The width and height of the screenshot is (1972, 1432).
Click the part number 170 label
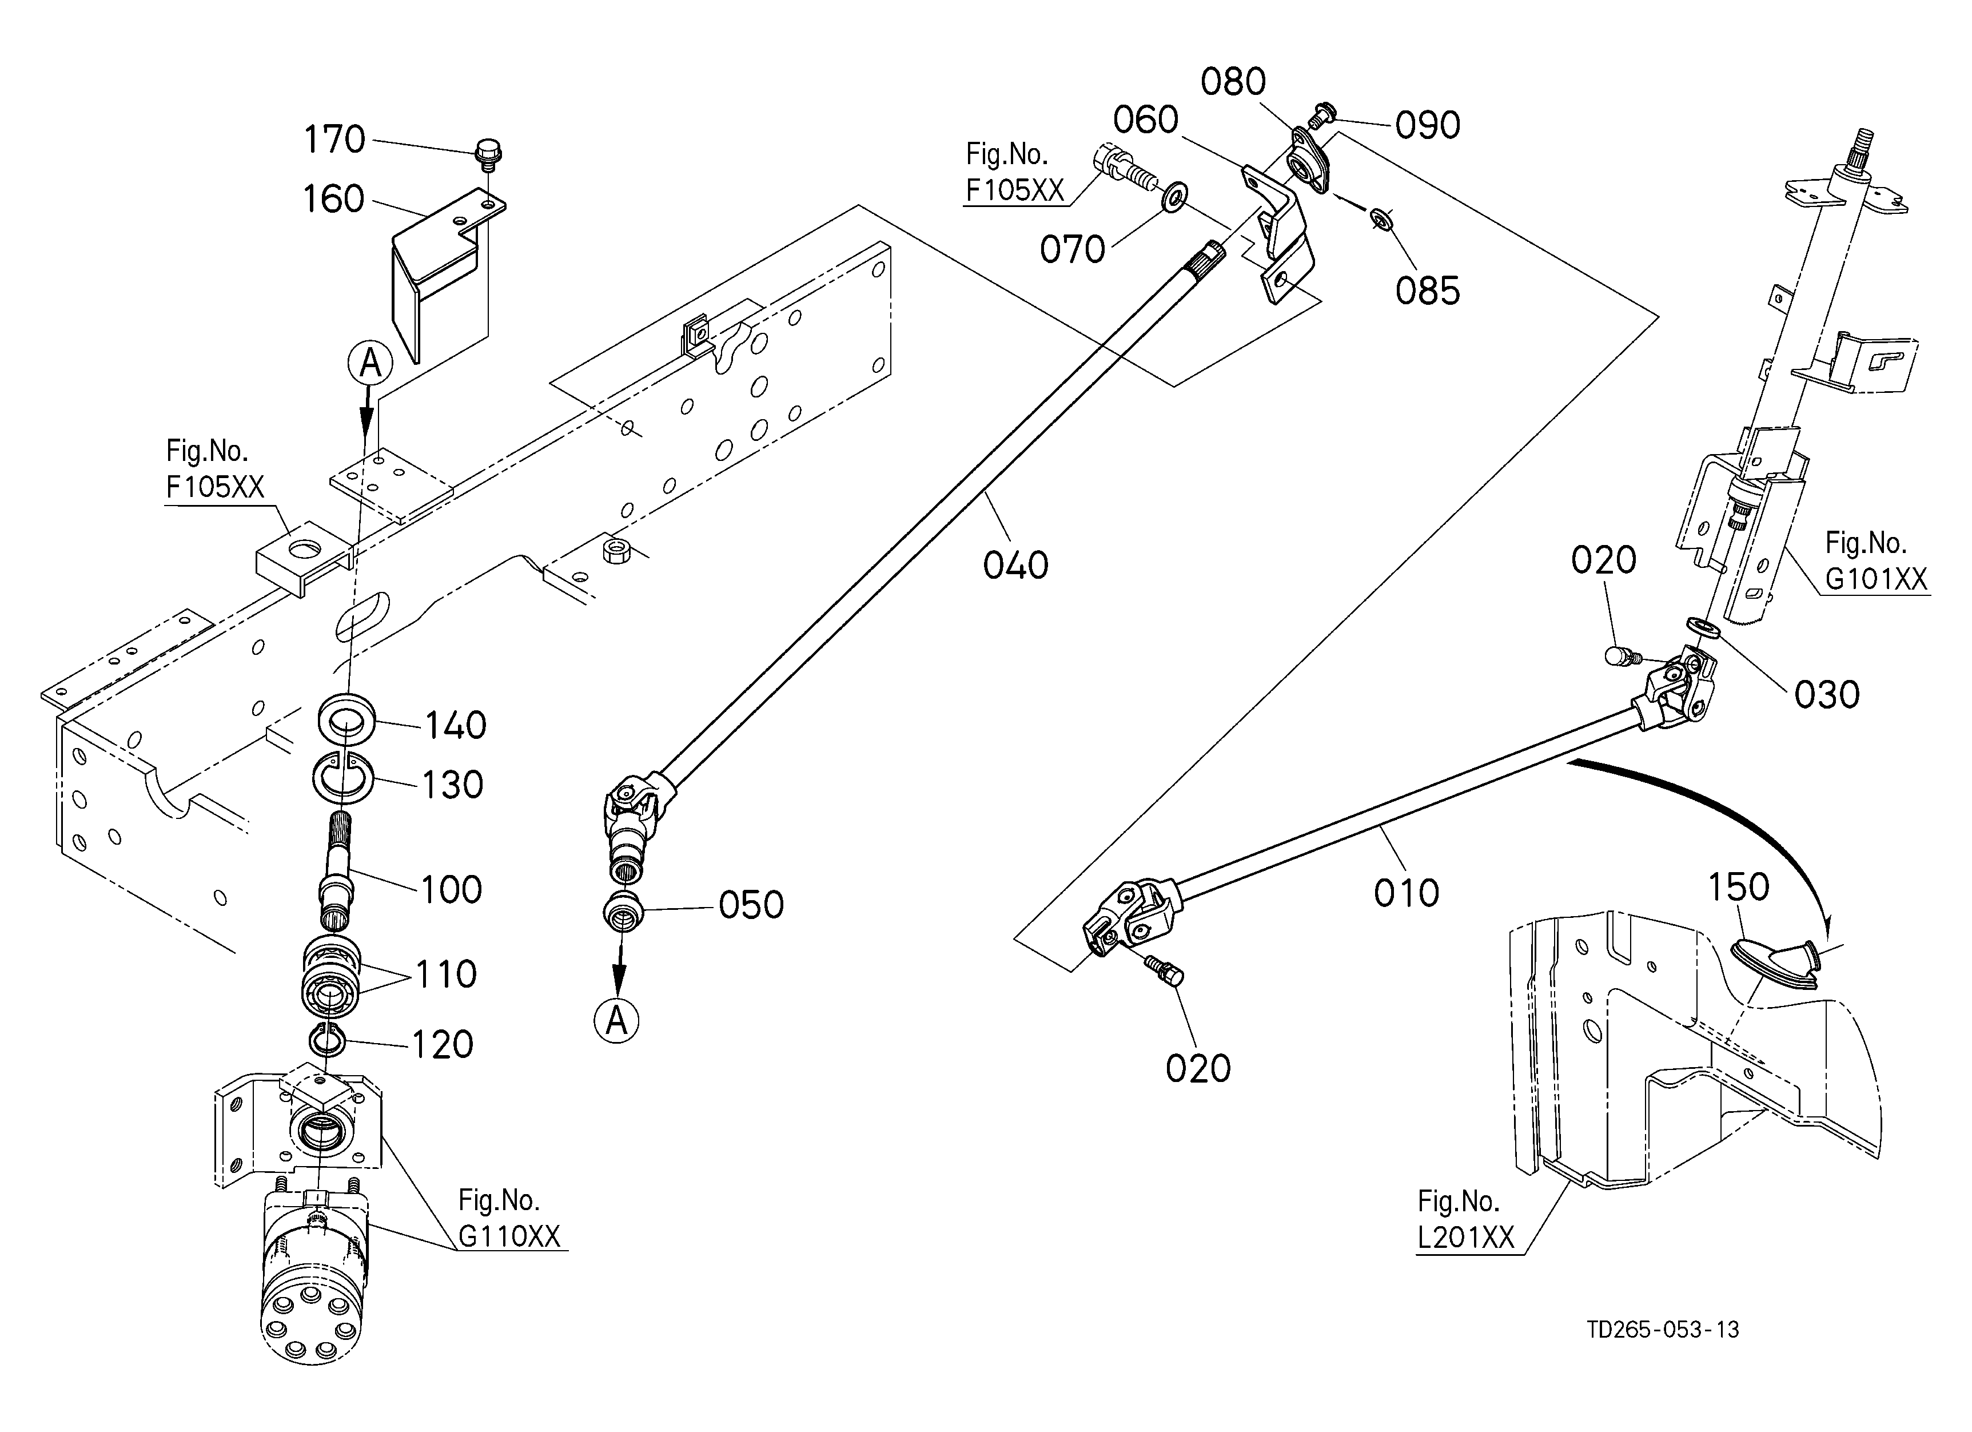(x=334, y=140)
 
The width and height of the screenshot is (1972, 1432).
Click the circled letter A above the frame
(x=371, y=364)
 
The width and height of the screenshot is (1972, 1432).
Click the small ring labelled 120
(x=328, y=1040)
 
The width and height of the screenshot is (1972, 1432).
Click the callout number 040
(x=1015, y=566)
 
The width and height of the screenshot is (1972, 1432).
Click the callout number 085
(x=1428, y=291)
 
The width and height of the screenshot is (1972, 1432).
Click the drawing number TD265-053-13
(x=1663, y=1330)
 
